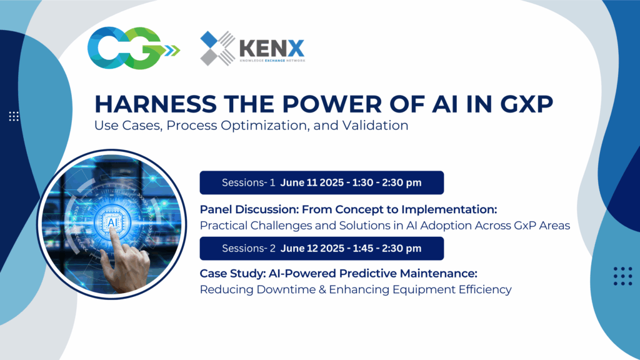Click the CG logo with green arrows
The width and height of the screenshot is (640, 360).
132,47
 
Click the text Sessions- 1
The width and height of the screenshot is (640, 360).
249,183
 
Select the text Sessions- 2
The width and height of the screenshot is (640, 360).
249,249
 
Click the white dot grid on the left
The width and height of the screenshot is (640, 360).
14,116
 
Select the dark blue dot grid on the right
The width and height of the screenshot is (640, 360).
622,276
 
